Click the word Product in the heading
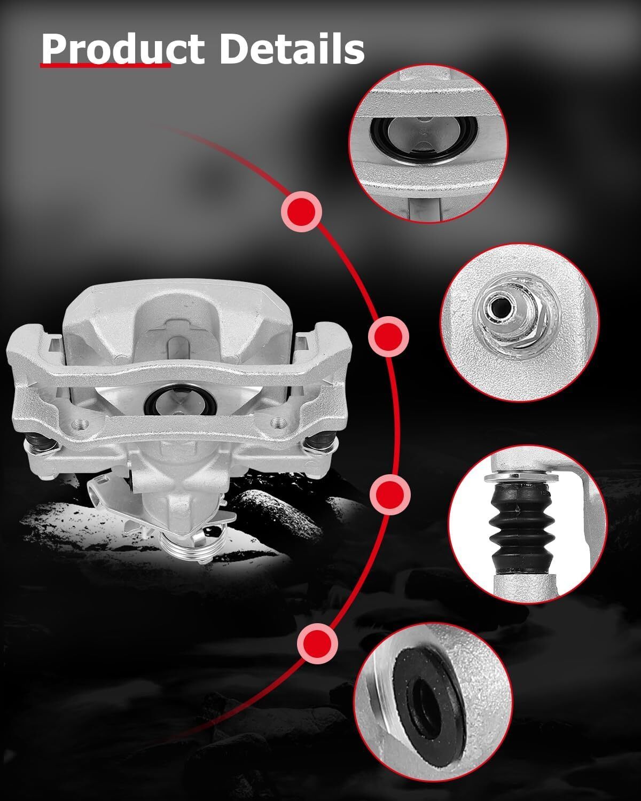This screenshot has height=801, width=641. click(123, 49)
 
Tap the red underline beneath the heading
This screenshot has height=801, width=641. click(105, 65)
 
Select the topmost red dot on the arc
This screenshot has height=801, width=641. click(302, 211)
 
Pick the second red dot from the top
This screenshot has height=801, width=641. click(388, 336)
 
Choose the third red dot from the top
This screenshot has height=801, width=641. click(390, 494)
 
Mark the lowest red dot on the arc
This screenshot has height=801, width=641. click(318, 643)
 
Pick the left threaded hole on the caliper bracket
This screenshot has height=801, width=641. click(81, 423)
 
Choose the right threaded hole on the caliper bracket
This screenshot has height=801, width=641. click(277, 422)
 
